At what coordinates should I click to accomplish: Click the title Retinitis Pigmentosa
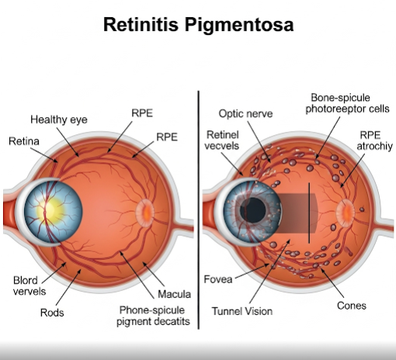tap(198, 25)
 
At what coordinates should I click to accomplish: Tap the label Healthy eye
tap(59, 119)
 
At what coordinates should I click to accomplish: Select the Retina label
tap(24, 141)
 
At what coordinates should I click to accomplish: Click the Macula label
tap(175, 294)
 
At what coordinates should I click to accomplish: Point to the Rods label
tap(52, 313)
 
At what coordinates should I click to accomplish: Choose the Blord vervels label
tap(30, 286)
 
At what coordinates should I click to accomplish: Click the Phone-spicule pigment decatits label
tap(153, 316)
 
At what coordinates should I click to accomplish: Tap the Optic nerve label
tap(245, 113)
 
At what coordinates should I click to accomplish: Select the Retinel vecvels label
tap(222, 140)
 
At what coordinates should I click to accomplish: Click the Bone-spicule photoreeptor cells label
tap(347, 103)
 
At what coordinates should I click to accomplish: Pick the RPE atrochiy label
tap(375, 140)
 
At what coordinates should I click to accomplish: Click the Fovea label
tap(218, 279)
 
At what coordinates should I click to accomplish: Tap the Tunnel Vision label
tap(242, 311)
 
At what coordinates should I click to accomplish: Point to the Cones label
tap(352, 306)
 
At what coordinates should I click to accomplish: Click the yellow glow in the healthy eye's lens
tap(50, 210)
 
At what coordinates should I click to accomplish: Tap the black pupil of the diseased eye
tap(253, 210)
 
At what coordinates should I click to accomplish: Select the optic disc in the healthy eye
tap(145, 213)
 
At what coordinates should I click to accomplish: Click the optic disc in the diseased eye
tap(346, 213)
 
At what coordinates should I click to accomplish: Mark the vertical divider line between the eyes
tap(199, 210)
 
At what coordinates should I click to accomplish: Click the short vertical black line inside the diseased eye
tap(309, 213)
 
